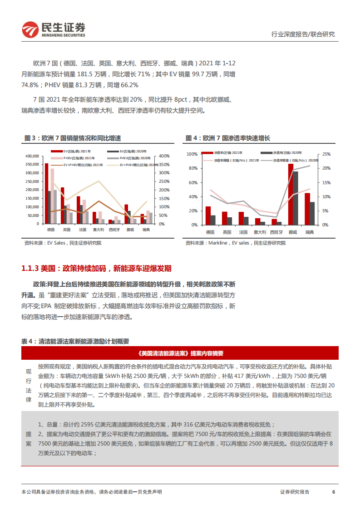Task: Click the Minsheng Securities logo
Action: coord(54,29)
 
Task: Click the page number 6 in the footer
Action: coord(334,492)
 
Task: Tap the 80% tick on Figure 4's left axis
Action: coord(192,168)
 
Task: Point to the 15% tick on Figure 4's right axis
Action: coord(326,182)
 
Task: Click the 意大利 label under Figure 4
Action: coord(260,232)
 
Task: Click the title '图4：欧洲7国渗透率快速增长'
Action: coord(227,138)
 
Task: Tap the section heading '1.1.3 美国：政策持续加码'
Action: coord(96,269)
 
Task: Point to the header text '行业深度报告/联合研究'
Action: coord(302,34)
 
